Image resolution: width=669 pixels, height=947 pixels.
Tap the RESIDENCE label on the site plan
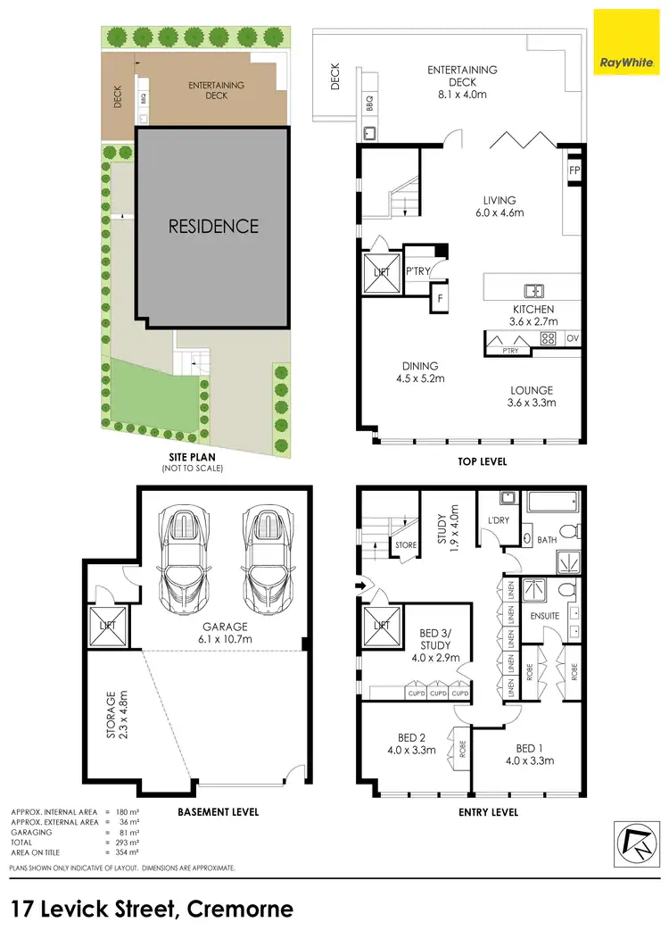[214, 227]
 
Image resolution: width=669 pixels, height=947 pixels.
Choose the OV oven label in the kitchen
[573, 338]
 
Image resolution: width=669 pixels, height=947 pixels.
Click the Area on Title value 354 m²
[131, 850]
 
